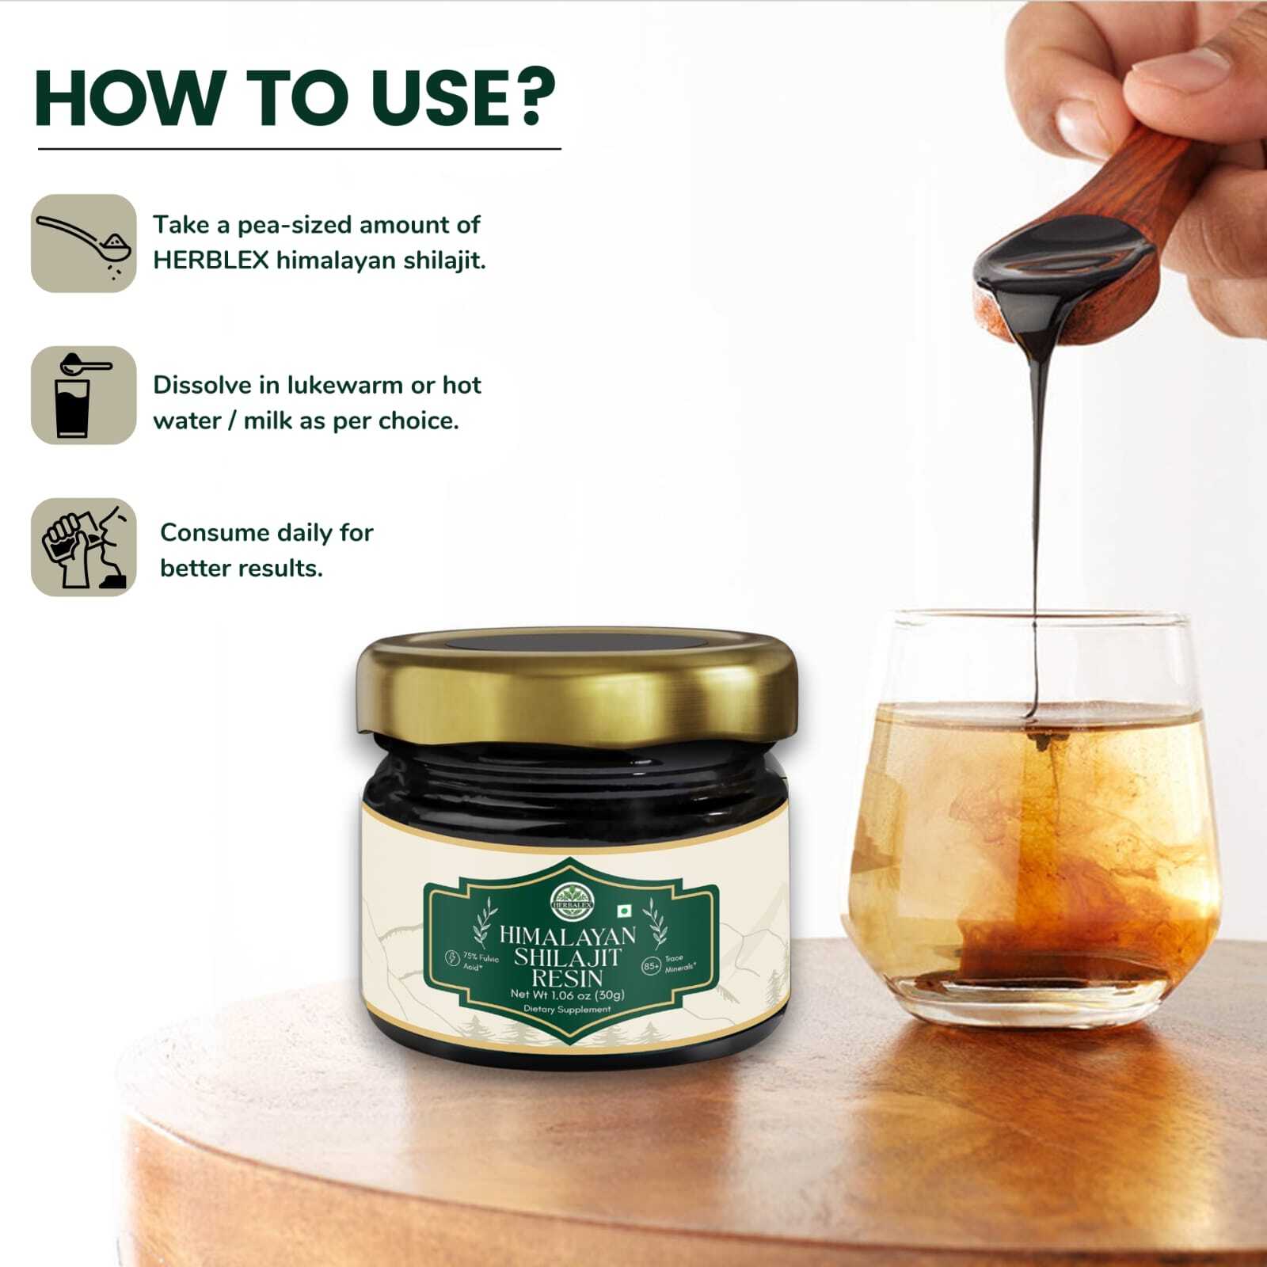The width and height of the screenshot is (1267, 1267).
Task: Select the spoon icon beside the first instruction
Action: pos(84,243)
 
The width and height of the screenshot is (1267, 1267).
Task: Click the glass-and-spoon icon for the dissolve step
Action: pos(84,395)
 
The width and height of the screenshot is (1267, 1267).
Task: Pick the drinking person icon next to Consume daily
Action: pos(84,547)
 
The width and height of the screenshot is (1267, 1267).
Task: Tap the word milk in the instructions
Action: pos(268,420)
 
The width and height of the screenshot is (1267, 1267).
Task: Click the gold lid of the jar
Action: pos(576,685)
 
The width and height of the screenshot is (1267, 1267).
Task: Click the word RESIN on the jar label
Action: pos(567,977)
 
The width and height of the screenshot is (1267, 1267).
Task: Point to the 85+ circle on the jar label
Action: pos(651,966)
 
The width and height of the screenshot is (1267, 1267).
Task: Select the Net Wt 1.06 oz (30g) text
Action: pos(567,995)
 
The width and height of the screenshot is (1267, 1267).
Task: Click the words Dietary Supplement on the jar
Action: pos(567,1010)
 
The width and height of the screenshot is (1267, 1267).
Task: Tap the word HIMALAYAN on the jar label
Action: pos(567,936)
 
